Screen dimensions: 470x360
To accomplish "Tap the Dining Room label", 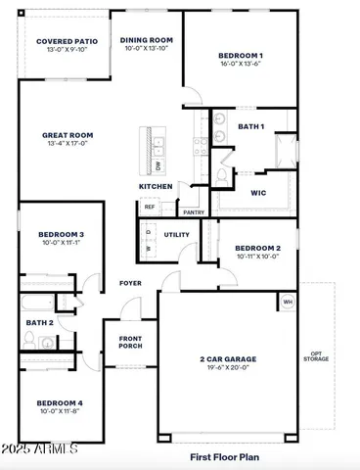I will coord(147,40).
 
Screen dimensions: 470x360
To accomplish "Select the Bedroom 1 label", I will coord(241,56).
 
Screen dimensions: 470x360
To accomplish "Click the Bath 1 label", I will coord(251,126).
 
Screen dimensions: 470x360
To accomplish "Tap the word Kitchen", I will coord(156,186).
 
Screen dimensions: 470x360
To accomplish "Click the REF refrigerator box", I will coord(150,208).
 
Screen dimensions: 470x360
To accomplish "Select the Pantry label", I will coord(194,211).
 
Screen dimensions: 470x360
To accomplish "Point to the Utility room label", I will coord(177,234).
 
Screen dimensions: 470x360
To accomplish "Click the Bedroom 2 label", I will coord(258,249).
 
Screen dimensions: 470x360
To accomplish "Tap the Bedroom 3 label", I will coord(61,235).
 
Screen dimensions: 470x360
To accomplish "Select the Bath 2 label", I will coord(40,322).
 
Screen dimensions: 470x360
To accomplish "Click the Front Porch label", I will coord(131,340).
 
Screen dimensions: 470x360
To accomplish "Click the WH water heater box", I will coord(288,303).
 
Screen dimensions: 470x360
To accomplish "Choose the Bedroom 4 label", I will coord(61,403).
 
